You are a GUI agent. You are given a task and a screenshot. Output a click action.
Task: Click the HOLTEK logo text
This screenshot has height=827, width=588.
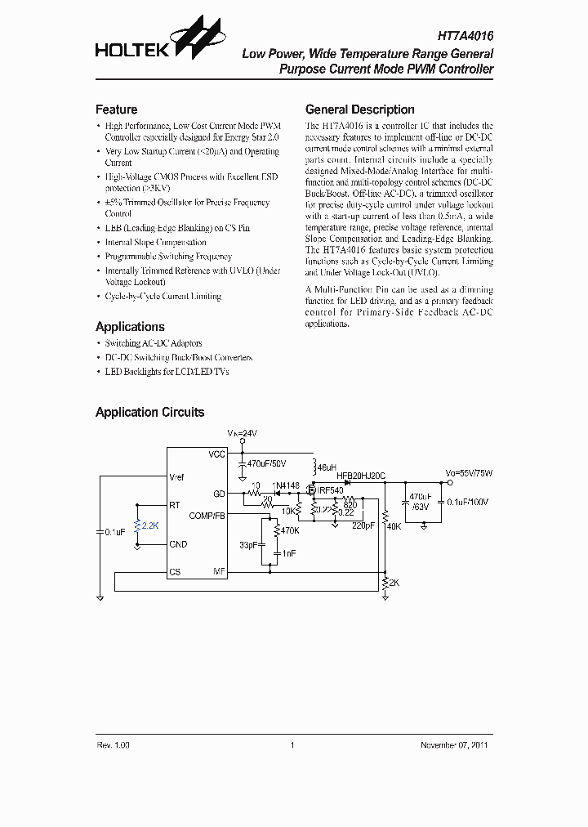pos(131,51)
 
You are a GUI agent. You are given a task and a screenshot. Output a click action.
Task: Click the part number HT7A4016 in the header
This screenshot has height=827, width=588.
pos(464,37)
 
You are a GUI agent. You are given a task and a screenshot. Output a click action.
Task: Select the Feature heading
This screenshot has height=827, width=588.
pos(116,110)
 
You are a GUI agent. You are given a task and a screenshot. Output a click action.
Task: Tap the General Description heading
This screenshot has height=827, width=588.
pos(359,110)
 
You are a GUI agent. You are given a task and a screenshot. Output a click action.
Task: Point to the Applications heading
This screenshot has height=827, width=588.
pos(130,326)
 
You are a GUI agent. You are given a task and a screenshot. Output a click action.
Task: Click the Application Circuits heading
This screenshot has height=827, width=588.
pos(149,413)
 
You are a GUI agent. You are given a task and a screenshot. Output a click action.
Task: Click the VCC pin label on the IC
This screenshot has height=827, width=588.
pos(216,454)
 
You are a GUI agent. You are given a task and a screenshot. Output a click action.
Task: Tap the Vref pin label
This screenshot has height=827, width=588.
pos(176,476)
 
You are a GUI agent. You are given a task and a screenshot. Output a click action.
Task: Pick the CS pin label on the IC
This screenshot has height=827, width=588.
pos(175,572)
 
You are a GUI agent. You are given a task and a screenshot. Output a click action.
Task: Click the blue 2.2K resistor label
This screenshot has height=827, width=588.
pos(150,526)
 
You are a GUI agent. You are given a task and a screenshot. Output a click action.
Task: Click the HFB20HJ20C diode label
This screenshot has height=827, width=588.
pos(360,475)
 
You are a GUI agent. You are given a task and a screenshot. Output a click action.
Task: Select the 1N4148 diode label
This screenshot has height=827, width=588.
pos(286,486)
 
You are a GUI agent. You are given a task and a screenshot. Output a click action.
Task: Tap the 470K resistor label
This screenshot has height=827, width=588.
pos(291,531)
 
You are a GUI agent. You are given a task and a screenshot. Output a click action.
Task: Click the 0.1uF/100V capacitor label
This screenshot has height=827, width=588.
pos(468,501)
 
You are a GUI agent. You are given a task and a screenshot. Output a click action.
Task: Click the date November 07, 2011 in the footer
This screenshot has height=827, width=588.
pos(455,745)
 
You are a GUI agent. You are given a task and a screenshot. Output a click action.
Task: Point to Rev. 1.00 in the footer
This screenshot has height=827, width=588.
pos(113,745)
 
